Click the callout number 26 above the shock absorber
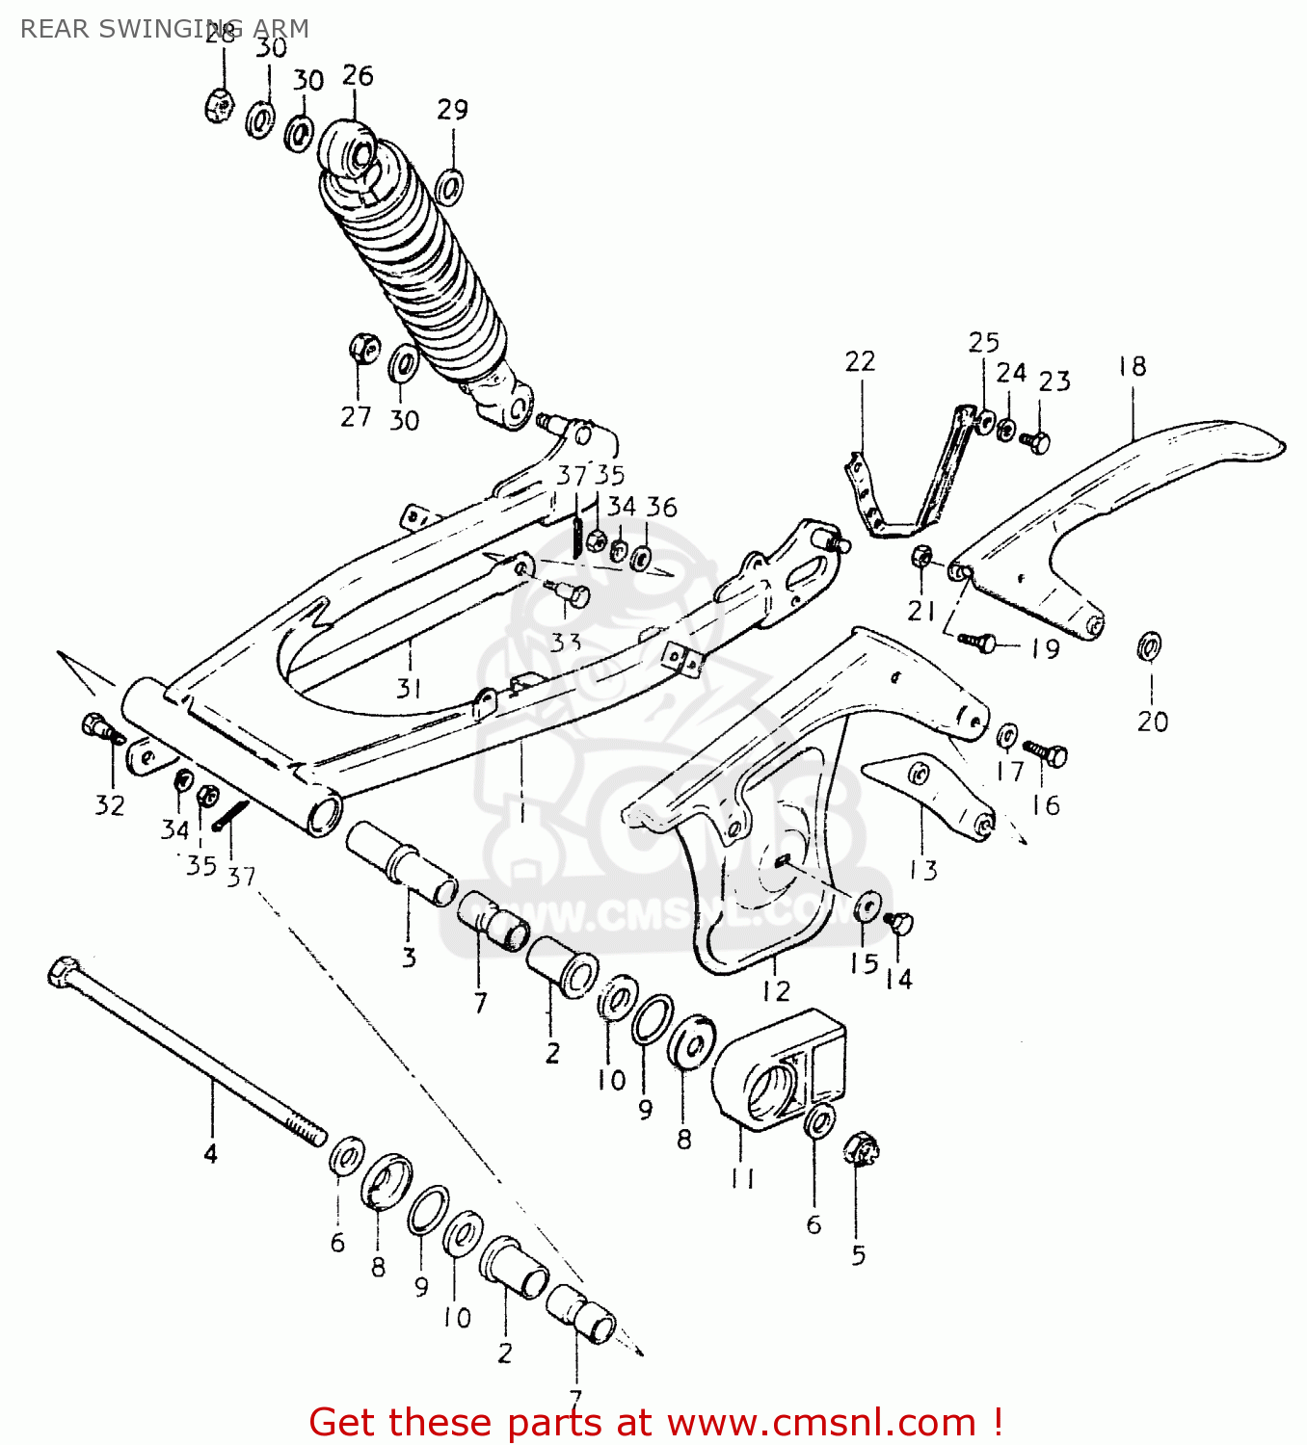coord(358,76)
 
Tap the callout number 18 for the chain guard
coord(1133,367)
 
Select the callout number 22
coord(860,362)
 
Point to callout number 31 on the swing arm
coord(409,688)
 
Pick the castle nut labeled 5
coord(862,1149)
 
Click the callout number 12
coord(776,990)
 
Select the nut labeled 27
coord(363,349)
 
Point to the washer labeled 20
coord(1149,645)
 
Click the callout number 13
coord(923,870)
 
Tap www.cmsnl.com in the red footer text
coord(821,1422)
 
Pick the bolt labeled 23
coord(1036,441)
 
